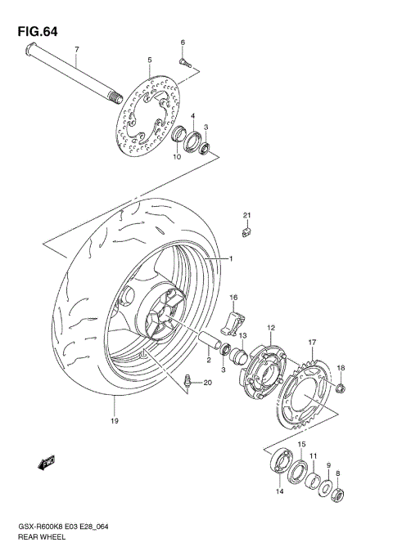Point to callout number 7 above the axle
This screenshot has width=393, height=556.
76,50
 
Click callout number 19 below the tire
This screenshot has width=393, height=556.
115,421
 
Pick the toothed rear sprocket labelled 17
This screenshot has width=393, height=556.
307,392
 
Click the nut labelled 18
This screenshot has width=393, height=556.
341,387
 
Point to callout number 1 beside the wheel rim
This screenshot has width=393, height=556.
231,259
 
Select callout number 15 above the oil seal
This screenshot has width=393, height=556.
300,444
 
